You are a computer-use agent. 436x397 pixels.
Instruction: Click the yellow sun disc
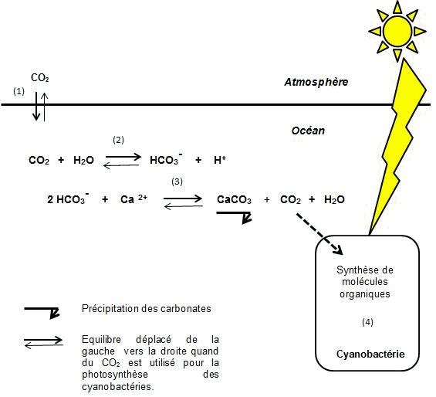pyautogui.click(x=397, y=31)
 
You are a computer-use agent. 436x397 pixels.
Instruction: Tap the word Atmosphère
pyautogui.click(x=316, y=82)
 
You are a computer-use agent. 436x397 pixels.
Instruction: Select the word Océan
pyautogui.click(x=308, y=131)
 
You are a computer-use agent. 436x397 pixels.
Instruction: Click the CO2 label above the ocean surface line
pyautogui.click(x=40, y=78)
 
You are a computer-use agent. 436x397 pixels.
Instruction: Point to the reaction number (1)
pyautogui.click(x=19, y=91)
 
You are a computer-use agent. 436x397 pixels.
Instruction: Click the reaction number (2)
pyautogui.click(x=119, y=140)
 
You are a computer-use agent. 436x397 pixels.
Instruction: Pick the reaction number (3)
pyautogui.click(x=177, y=182)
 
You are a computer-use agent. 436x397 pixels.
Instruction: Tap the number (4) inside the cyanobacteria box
pyautogui.click(x=367, y=322)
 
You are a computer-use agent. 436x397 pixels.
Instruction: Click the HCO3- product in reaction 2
pyautogui.click(x=166, y=159)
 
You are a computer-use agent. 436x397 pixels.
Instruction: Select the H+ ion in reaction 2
pyautogui.click(x=220, y=160)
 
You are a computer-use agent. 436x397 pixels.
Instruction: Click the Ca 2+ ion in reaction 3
pyautogui.click(x=134, y=198)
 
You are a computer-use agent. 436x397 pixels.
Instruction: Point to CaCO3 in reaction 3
pyautogui.click(x=234, y=199)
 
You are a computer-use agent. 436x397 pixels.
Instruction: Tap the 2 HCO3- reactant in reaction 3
pyautogui.click(x=69, y=198)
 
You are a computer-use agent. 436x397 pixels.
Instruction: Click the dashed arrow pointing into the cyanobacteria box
pyautogui.click(x=319, y=234)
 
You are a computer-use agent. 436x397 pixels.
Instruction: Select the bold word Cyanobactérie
pyautogui.click(x=370, y=354)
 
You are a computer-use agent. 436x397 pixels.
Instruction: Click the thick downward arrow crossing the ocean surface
pyautogui.click(x=36, y=107)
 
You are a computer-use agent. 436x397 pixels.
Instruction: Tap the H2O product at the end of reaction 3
pyautogui.click(x=334, y=199)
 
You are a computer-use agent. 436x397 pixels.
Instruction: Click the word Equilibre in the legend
pyautogui.click(x=102, y=340)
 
